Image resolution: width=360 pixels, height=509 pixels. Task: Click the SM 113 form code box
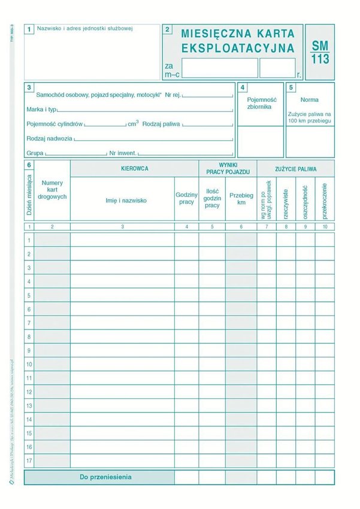point(320,52)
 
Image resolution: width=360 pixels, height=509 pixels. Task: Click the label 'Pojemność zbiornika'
point(259,103)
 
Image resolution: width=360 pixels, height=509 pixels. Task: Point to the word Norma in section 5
point(309,99)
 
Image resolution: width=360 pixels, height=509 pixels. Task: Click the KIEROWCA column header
point(134,169)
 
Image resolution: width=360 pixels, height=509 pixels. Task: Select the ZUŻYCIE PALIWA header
point(295,169)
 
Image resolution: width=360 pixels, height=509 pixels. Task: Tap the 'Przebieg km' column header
point(241,199)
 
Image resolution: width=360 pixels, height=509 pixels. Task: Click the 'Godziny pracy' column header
point(186,198)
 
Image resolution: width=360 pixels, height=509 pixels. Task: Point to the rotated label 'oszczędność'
point(305,199)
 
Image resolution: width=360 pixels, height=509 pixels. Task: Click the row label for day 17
point(29,461)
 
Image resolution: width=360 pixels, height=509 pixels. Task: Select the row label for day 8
point(29,337)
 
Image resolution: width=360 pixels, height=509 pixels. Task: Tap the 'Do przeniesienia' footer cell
point(105,477)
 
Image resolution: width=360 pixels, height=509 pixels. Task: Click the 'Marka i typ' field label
point(41,110)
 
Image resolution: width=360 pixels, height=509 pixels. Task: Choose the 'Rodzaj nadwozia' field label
point(49,138)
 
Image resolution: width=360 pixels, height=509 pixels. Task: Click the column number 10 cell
point(325,227)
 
